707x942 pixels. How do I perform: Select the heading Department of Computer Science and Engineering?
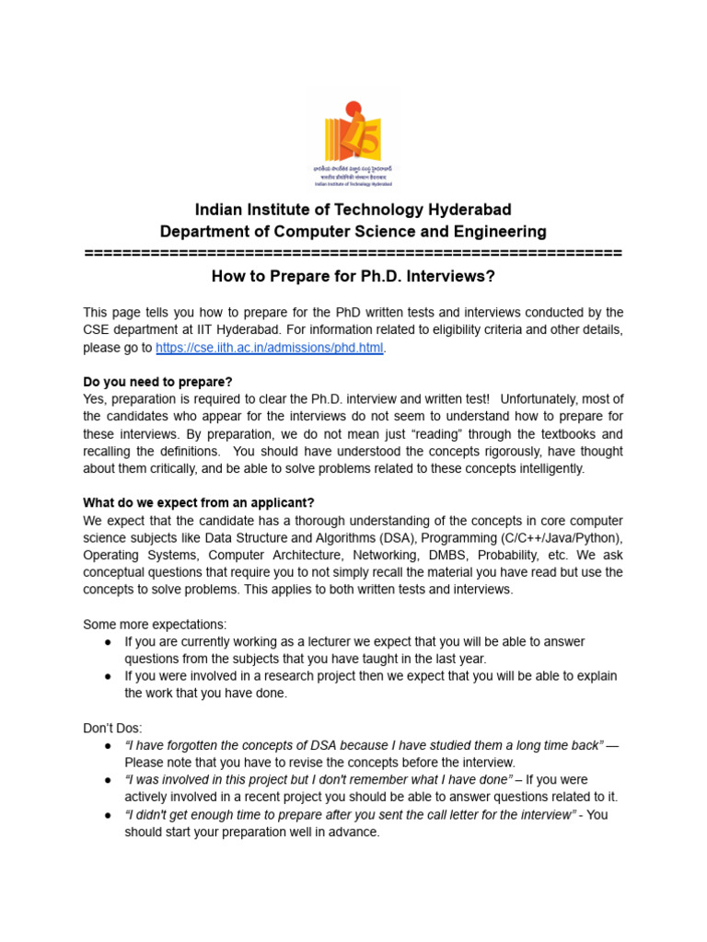click(x=353, y=232)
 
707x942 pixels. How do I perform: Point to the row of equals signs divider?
click(x=353, y=253)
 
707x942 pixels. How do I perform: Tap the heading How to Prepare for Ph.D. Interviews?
click(x=353, y=276)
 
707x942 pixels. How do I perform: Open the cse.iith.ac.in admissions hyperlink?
click(x=269, y=348)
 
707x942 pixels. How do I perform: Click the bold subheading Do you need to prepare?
click(x=158, y=382)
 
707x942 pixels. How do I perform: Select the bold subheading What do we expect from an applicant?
click(x=199, y=503)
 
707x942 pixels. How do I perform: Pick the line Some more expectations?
click(x=155, y=625)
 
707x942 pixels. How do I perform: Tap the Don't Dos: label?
click(x=112, y=728)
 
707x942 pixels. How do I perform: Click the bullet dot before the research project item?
click(x=109, y=676)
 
